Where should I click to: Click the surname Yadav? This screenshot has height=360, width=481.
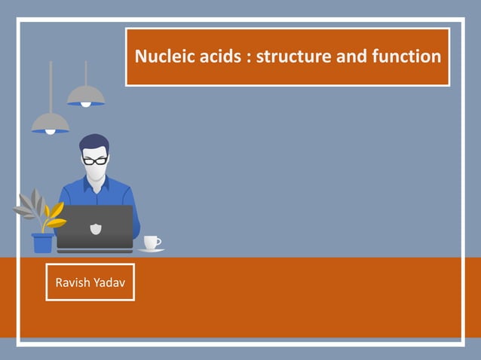111,282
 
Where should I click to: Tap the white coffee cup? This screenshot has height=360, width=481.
151,242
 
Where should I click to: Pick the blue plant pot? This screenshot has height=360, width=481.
43,243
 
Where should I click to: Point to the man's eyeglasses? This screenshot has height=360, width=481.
94,160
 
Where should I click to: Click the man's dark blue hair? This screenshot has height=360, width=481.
93,143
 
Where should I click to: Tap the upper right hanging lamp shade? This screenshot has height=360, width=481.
85,96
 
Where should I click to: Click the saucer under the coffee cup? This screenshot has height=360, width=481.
151,250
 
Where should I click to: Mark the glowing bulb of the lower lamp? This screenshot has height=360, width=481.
51,132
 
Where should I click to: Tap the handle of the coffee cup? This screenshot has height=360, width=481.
159,241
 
